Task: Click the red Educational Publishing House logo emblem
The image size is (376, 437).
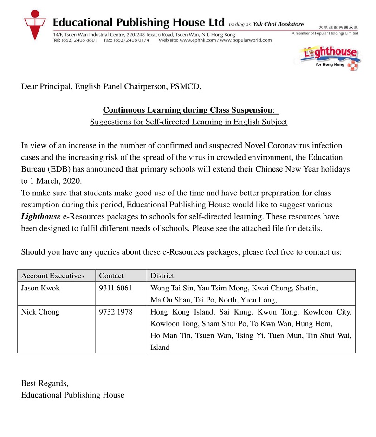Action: [35, 26]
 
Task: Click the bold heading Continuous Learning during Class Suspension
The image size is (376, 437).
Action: [188, 110]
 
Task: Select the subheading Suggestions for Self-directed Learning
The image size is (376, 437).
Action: [188, 122]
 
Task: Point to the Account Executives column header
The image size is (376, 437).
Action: [52, 276]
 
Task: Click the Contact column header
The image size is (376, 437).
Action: [111, 276]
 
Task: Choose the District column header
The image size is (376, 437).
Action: [162, 276]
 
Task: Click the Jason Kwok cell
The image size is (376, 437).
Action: [40, 288]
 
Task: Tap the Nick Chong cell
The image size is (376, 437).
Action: [40, 312]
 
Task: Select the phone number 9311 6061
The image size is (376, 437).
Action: [116, 288]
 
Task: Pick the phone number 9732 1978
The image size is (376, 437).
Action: [116, 312]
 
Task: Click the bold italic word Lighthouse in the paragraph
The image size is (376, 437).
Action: [41, 217]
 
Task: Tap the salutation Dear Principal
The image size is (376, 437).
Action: [46, 86]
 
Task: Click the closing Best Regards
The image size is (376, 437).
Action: [45, 383]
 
